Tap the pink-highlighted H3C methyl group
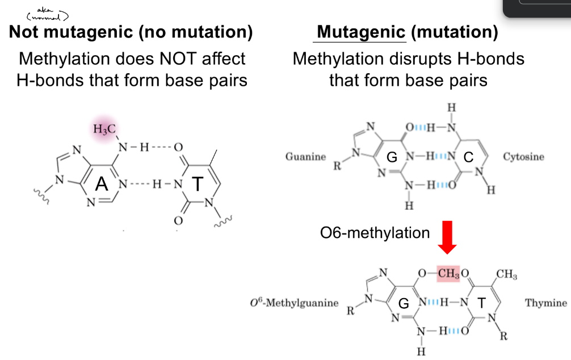click(104, 129)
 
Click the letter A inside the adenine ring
click(102, 183)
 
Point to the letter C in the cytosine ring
click(468, 157)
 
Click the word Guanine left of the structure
click(305, 156)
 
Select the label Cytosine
click(523, 156)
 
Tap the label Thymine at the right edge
click(545, 303)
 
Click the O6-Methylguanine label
click(293, 303)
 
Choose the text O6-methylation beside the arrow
click(375, 232)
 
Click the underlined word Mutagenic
click(361, 32)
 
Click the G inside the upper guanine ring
click(392, 157)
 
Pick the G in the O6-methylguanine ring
click(404, 303)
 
